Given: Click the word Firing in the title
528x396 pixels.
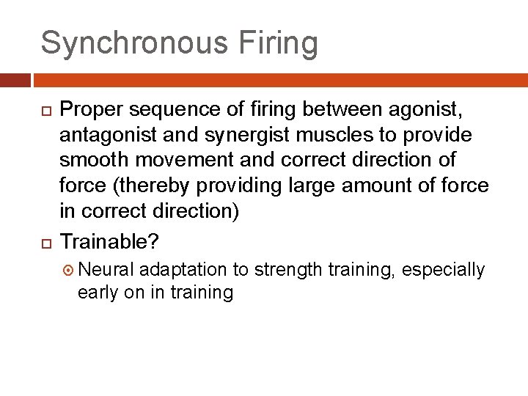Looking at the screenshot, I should pyautogui.click(x=281, y=44).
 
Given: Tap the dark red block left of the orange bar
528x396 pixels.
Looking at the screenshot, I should pyautogui.click(x=15, y=80).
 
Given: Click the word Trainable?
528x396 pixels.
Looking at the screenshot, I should pyautogui.click(x=110, y=241).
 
